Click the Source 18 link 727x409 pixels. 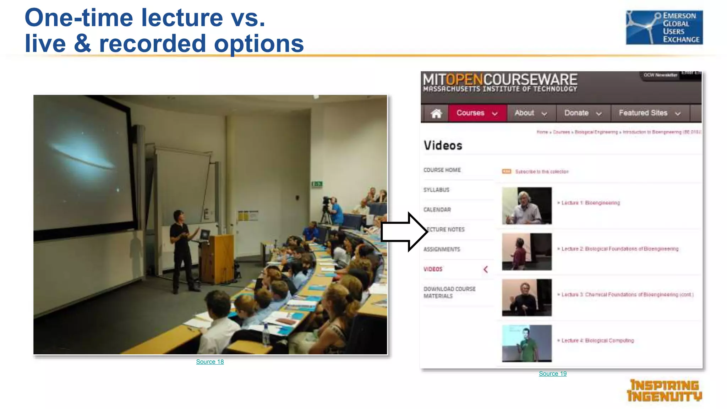point(210,362)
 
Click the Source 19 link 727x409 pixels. point(552,373)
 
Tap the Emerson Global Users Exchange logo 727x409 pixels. point(664,27)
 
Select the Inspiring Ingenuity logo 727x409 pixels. point(664,391)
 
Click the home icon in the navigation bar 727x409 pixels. point(436,113)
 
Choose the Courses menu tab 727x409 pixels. point(477,113)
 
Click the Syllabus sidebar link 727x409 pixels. point(436,190)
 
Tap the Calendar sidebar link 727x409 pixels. point(437,210)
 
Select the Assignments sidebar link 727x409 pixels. point(442,250)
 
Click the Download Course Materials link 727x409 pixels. point(449,293)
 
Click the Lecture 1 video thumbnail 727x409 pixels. point(526,206)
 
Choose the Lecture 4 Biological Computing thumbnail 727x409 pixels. point(526,343)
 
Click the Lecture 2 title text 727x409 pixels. point(619,249)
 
